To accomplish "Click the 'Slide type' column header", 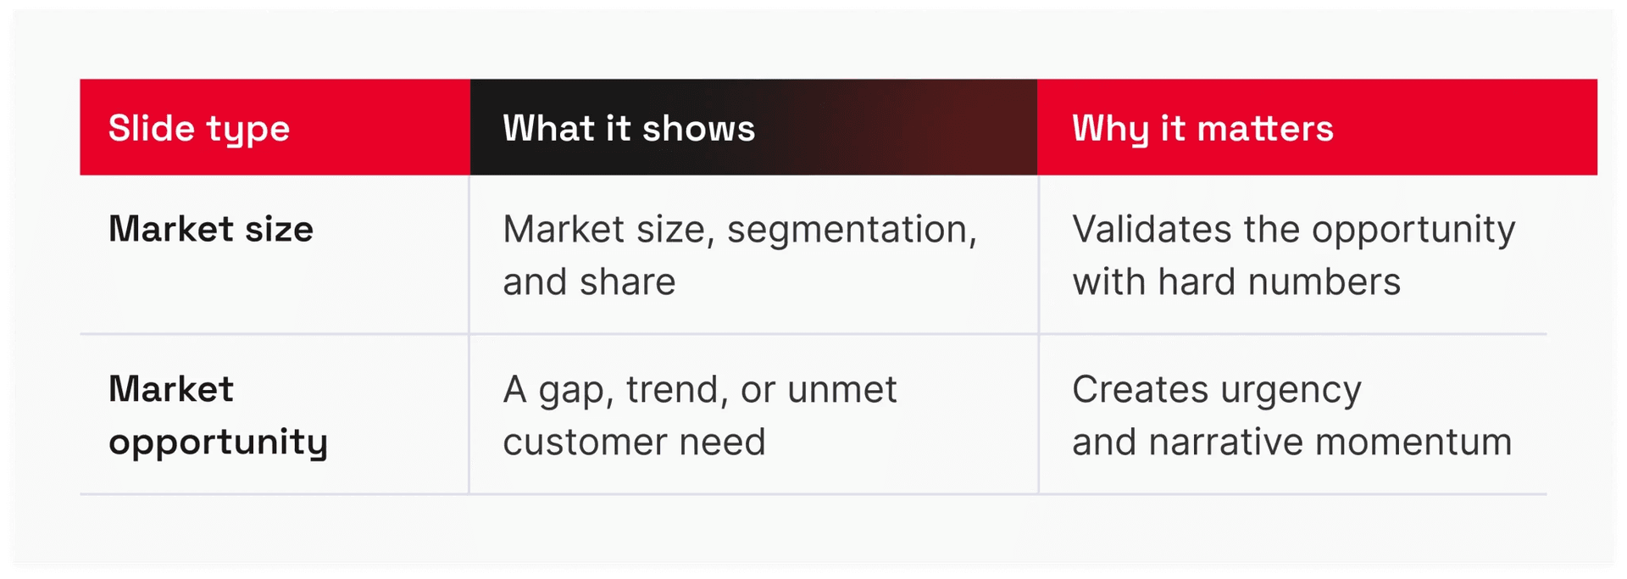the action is tap(199, 129).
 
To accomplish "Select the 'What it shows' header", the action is tap(629, 128).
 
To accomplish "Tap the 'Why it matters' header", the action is tap(1202, 129).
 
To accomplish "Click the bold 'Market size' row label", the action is tap(211, 229).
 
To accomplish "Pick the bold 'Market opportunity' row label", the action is tap(218, 416).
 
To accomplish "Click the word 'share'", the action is tap(628, 281).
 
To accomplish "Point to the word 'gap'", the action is tap(576, 392).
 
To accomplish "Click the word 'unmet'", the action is tap(841, 391).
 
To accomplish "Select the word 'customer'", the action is tap(585, 443).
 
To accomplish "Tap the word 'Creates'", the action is tap(1140, 390).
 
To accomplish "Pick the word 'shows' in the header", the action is tap(698, 128).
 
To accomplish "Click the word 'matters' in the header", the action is tap(1265, 129).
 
